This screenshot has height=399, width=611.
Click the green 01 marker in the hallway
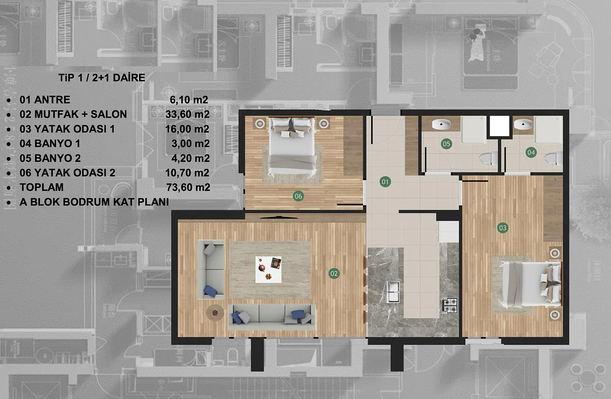[x=385, y=182]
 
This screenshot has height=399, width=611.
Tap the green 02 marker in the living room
[x=334, y=274]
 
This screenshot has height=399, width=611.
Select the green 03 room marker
[x=503, y=228]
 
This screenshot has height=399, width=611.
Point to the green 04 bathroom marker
[x=531, y=152]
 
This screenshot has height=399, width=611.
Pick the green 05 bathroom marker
[x=446, y=144]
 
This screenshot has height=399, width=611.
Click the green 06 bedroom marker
[x=298, y=196]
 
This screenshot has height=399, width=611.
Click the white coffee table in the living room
[x=268, y=270]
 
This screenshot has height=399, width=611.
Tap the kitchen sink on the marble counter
[x=393, y=292]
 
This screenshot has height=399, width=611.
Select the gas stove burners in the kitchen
[x=450, y=305]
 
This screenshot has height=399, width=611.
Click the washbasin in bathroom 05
[x=441, y=124]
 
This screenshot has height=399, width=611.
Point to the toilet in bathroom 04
[x=553, y=158]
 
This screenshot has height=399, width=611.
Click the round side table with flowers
[x=215, y=313]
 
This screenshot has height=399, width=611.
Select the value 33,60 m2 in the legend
[x=187, y=114]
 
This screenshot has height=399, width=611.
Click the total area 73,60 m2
[x=188, y=187]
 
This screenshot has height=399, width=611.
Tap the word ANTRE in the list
[x=52, y=99]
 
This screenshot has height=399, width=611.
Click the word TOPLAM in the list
[x=41, y=187]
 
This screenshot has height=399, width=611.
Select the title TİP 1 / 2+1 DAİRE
[x=102, y=78]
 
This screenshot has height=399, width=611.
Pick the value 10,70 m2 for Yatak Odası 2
[x=187, y=173]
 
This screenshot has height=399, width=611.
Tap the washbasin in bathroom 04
[x=523, y=124]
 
